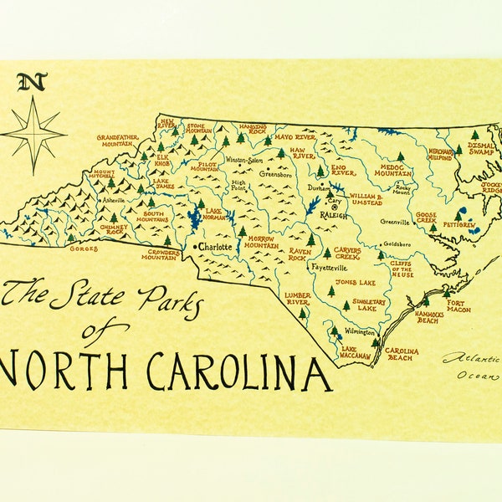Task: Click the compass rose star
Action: tap(33, 134)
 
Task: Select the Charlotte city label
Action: tap(215, 248)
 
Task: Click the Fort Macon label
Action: tap(458, 306)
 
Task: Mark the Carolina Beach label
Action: tap(402, 355)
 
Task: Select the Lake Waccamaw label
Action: tap(356, 352)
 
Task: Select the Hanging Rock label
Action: tap(253, 128)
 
